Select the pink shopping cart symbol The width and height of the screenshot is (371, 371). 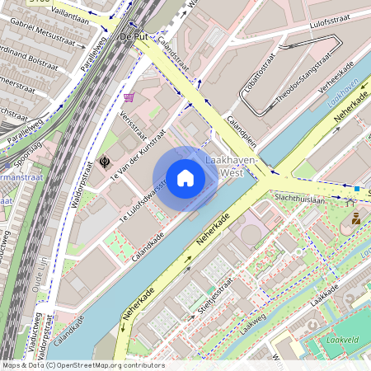coord(129,96)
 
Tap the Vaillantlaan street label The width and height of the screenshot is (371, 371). coord(68,11)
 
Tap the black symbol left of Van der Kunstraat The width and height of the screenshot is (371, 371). coord(105,162)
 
